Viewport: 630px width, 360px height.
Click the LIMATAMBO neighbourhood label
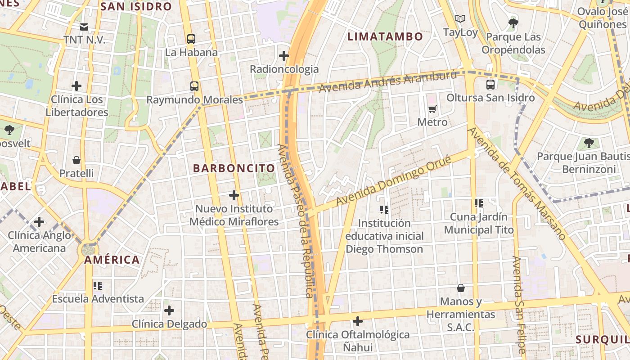385,36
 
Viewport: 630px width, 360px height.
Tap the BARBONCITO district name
234,168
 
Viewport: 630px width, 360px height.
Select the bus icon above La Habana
191,39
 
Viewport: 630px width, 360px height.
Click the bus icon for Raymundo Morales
194,86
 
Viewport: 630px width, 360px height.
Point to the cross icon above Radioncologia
284,56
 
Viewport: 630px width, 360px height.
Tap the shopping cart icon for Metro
432,109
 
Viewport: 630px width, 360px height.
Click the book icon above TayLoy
460,19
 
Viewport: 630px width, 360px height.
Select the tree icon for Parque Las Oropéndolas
513,23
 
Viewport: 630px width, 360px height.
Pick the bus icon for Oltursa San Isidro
490,84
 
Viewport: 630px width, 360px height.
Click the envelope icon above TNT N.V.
84,27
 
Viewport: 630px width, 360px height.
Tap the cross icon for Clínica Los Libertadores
76,85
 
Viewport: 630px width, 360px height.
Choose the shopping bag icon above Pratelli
76,160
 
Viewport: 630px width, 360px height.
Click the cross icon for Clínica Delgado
169,310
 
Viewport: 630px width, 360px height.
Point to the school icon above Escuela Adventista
98,286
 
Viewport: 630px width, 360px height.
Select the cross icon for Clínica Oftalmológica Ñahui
358,321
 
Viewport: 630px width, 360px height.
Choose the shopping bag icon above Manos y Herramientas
461,288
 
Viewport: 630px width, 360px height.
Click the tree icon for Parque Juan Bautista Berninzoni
589,144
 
